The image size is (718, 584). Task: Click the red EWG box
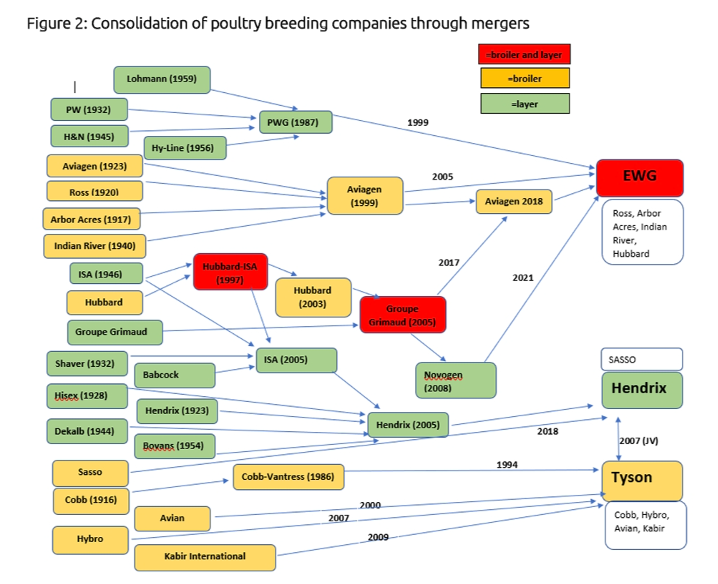tap(640, 178)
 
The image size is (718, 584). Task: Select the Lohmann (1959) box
tap(162, 79)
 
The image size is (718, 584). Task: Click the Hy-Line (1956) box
tap(185, 148)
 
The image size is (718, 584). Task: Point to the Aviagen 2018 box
tap(513, 201)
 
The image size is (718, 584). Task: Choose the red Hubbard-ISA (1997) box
tap(230, 271)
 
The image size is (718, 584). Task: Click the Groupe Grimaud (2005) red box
tap(402, 314)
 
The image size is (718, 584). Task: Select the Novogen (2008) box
tap(455, 381)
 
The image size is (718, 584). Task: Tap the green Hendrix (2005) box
tap(409, 425)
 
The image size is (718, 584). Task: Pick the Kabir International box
tap(205, 556)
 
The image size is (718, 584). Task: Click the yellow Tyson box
tap(641, 478)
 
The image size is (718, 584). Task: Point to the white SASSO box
tap(640, 359)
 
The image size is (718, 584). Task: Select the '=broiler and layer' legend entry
tap(525, 53)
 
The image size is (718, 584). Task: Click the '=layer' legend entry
tap(525, 103)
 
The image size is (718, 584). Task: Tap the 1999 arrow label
tap(418, 122)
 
